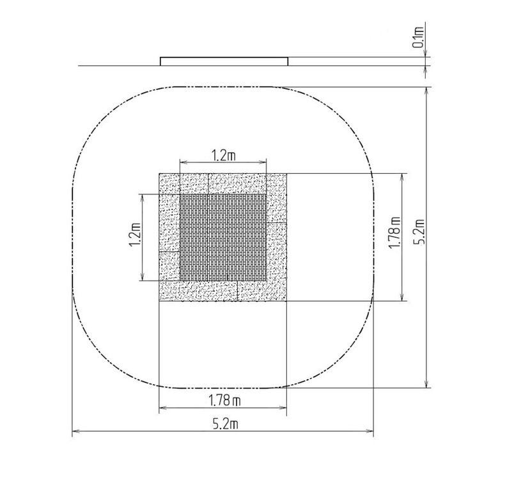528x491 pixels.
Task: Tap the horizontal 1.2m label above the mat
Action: [223, 155]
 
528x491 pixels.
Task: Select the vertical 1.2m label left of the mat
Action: [135, 234]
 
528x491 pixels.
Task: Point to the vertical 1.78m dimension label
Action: [394, 233]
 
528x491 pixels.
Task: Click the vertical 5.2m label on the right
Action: [419, 231]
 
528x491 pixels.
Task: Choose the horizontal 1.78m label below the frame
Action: [224, 401]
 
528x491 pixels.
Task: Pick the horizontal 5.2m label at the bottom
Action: [225, 424]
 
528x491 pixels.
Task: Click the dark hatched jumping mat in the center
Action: [223, 237]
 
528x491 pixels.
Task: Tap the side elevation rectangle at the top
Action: [224, 61]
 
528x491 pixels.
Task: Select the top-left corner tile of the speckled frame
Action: [169, 184]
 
